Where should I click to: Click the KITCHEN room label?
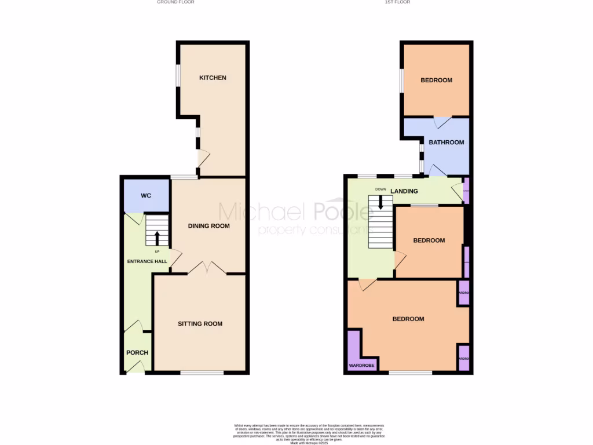click(213, 78)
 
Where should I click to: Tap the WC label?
click(146, 196)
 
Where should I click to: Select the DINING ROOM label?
click(208, 226)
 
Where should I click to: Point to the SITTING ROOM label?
click(200, 324)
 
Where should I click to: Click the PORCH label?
click(137, 352)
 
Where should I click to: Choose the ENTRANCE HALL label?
click(147, 261)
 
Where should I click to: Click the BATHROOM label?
click(446, 142)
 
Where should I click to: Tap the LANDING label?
click(404, 191)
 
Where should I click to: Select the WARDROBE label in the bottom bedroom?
click(361, 366)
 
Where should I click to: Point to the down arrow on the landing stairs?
click(380, 202)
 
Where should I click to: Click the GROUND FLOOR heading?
click(175, 2)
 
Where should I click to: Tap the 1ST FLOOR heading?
click(398, 2)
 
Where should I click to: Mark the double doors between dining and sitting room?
click(207, 268)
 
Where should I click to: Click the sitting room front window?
click(202, 373)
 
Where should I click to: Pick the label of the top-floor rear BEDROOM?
click(436, 80)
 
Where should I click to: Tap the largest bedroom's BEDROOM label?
click(408, 319)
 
